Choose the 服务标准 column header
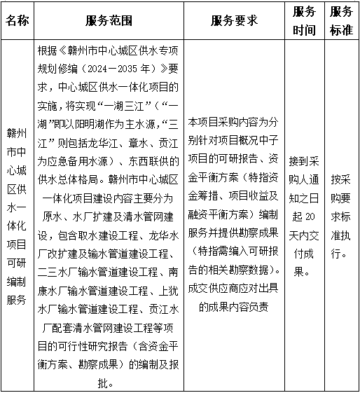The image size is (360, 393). (341, 20)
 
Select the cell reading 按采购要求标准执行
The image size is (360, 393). (341, 216)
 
